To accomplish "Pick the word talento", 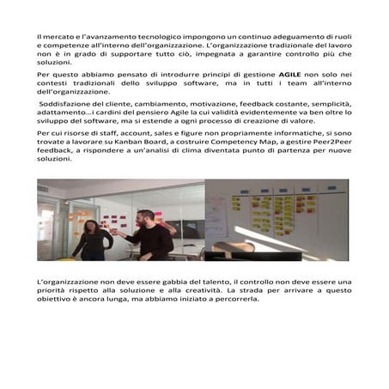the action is coord(211,282).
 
